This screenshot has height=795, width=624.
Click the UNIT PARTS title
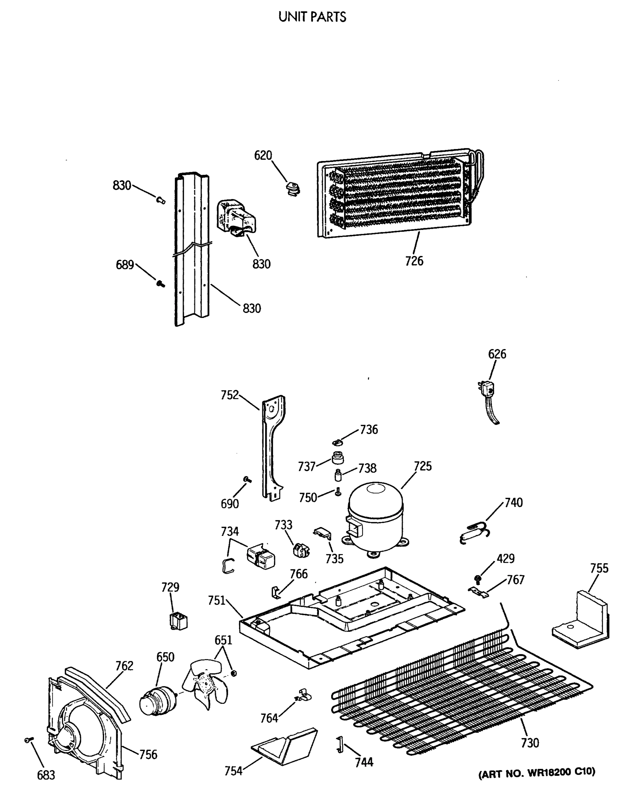pyautogui.click(x=312, y=17)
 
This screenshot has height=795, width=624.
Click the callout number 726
pyautogui.click(x=414, y=261)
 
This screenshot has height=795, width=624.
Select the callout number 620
pyautogui.click(x=263, y=155)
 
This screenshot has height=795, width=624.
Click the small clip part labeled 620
pyautogui.click(x=292, y=189)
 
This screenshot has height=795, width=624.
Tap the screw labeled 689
pyautogui.click(x=160, y=283)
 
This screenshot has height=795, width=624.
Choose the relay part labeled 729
pyautogui.click(x=178, y=621)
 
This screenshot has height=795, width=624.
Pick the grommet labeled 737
pyautogui.click(x=338, y=457)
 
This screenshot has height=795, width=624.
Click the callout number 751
pyautogui.click(x=216, y=600)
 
